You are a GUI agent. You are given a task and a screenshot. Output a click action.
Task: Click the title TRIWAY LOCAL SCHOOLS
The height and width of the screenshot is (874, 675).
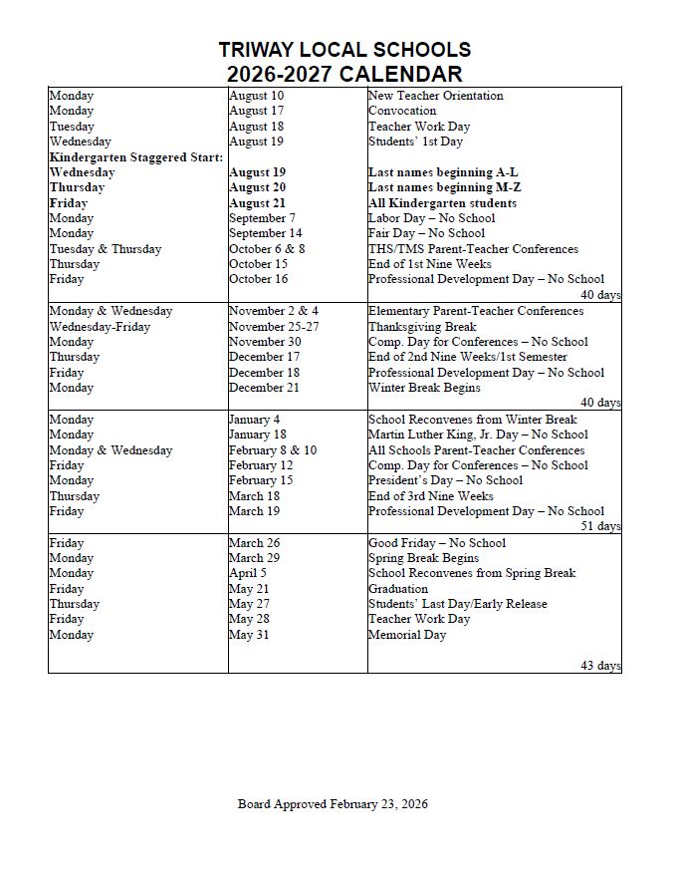point(344,50)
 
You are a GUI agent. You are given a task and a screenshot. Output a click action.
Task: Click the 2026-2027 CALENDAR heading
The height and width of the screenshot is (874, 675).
point(344,74)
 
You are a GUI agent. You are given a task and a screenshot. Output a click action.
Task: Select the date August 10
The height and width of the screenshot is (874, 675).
point(256,96)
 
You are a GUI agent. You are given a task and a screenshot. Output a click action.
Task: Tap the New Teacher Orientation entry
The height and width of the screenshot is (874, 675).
point(435,96)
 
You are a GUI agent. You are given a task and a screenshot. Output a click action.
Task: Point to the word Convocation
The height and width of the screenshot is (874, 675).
point(402,111)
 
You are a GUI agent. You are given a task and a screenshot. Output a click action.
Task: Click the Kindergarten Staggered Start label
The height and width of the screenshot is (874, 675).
point(137,157)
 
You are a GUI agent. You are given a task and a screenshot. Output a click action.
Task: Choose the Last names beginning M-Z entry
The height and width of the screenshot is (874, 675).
point(444,187)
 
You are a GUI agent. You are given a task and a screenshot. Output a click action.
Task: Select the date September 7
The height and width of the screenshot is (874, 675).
point(262,218)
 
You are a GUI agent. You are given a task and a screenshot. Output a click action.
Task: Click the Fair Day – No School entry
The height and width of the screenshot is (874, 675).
point(426,233)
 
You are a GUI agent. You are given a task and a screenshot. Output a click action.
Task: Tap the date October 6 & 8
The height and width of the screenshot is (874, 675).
point(267,249)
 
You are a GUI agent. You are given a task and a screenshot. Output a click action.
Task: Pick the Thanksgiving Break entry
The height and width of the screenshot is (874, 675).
point(422,327)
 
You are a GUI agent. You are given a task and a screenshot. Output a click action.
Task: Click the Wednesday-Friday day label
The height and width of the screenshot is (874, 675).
point(101,327)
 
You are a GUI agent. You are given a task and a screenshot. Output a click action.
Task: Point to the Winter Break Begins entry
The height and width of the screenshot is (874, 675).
point(424,388)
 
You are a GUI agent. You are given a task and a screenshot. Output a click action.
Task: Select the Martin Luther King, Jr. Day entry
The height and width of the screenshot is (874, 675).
point(478,435)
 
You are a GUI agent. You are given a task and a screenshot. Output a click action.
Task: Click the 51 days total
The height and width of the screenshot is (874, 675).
point(600,526)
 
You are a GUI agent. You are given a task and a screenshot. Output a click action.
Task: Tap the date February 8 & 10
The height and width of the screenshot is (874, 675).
point(273,450)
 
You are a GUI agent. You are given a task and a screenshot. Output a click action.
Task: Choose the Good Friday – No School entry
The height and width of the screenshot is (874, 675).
point(437,543)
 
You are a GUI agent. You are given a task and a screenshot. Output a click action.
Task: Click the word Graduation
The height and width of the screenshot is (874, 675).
point(398,589)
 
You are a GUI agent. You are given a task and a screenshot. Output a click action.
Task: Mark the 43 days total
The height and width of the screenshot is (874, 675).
point(600,666)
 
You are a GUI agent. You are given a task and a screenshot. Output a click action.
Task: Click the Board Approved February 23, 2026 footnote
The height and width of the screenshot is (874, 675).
point(333,804)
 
